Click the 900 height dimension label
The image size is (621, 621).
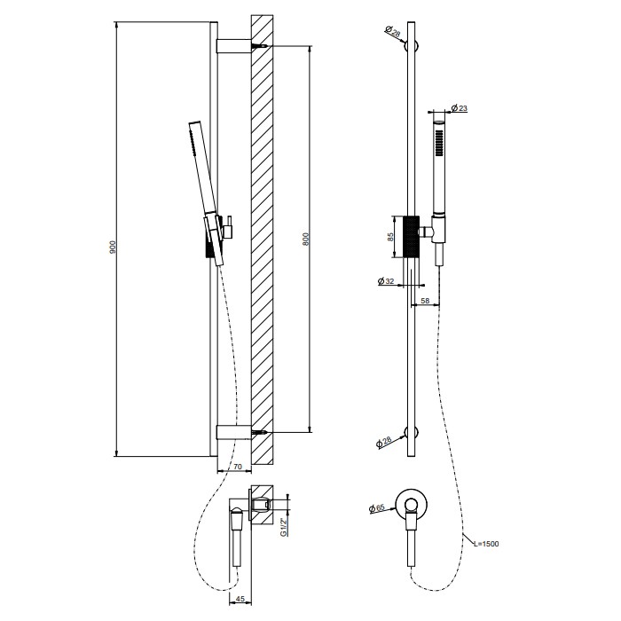(113, 248)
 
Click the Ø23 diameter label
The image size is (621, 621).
(459, 108)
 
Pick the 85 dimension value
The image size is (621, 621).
(388, 237)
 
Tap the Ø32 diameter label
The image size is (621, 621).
(386, 281)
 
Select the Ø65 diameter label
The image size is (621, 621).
(377, 508)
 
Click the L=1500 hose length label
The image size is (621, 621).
(483, 542)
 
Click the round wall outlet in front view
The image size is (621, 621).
(409, 506)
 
